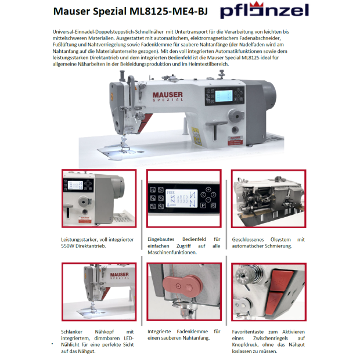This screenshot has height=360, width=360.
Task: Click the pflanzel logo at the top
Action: pos(265,10)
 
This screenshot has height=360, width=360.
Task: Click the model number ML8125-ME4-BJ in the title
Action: pos(168,11)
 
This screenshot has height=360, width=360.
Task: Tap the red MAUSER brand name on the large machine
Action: pos(168,95)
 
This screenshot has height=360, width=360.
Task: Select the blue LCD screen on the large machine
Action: pos(224,95)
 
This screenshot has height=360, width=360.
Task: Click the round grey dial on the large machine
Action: pos(236,116)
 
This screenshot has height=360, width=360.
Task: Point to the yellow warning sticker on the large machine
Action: pos(196,136)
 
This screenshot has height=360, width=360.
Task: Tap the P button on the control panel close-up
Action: pos(203,206)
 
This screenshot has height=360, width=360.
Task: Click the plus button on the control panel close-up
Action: pos(208,189)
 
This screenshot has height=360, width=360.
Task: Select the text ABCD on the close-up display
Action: pos(182,197)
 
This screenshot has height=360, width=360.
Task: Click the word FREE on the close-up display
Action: pos(170,192)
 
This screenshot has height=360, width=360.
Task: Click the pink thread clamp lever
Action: pos(182,285)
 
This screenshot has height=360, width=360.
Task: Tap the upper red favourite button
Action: pos(281,280)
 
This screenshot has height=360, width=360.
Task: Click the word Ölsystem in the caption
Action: pos(280,239)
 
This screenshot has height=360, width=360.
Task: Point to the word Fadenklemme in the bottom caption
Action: pos(192,332)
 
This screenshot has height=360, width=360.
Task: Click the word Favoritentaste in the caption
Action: pos(248,332)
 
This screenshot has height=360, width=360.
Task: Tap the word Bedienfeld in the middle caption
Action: pos(194,239)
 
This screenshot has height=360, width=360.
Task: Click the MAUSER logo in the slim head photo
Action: pos(119,275)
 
